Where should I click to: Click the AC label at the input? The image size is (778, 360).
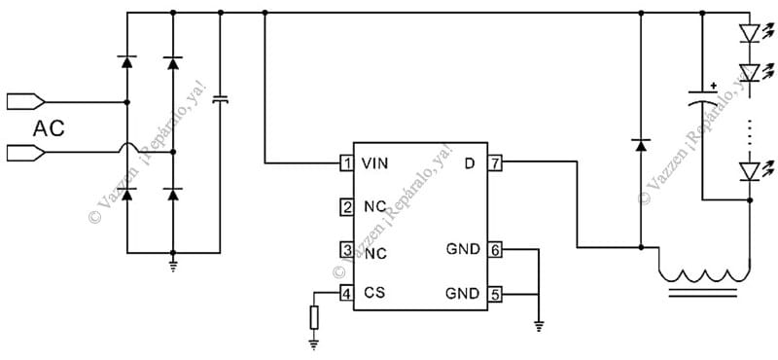[x=49, y=127]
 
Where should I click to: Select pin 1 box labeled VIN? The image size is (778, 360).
[x=346, y=163]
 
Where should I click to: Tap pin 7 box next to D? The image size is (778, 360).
[x=495, y=163]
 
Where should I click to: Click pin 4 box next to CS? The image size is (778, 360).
[x=346, y=293]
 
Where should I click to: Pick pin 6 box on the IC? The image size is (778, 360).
[x=495, y=249]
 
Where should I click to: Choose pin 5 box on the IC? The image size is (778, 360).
[x=495, y=293]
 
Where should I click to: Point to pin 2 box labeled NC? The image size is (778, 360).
[x=346, y=206]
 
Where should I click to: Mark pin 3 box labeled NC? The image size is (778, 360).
[x=346, y=250]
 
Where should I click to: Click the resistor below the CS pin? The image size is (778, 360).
[x=314, y=317]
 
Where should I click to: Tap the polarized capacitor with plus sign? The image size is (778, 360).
[x=702, y=98]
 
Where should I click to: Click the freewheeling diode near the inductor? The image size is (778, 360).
[x=640, y=144]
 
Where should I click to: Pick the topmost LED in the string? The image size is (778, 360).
[x=749, y=33]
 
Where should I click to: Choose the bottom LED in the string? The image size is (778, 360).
[x=749, y=170]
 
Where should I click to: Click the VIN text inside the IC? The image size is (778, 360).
[x=374, y=163]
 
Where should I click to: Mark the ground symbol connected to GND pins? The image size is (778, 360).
[x=538, y=326]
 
